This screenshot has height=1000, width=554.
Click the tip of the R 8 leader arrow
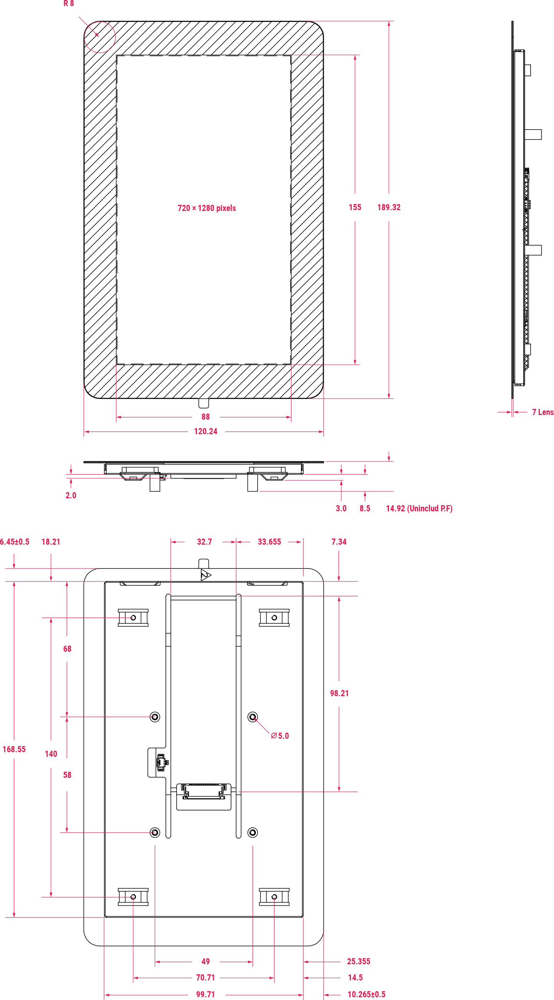pyautogui.click(x=99, y=37)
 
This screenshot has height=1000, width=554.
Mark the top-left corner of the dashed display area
pyautogui.click(x=117, y=56)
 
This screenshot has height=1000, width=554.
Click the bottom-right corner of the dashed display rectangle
pyautogui.click(x=291, y=364)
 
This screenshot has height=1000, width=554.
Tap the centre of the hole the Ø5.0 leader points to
pyautogui.click(x=253, y=717)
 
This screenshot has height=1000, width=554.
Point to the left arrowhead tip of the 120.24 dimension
pyautogui.click(x=84, y=431)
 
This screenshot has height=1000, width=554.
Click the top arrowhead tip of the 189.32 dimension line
pyautogui.click(x=389, y=22)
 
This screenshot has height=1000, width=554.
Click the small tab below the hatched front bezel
pyautogui.click(x=203, y=403)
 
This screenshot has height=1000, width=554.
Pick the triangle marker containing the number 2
pyautogui.click(x=205, y=575)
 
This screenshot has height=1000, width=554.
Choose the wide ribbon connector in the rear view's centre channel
pyautogui.click(x=203, y=791)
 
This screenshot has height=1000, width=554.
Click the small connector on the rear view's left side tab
pyautogui.click(x=162, y=762)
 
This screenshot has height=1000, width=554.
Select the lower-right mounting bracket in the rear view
pyautogui.click(x=274, y=897)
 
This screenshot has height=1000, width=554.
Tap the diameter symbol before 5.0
pyautogui.click(x=274, y=736)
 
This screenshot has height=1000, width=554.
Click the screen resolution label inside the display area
pyautogui.click(x=207, y=208)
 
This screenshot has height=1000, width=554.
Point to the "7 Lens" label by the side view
pyautogui.click(x=543, y=412)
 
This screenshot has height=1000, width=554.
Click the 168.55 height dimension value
pyautogui.click(x=14, y=749)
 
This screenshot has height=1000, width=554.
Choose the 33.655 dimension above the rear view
pyautogui.click(x=269, y=542)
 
